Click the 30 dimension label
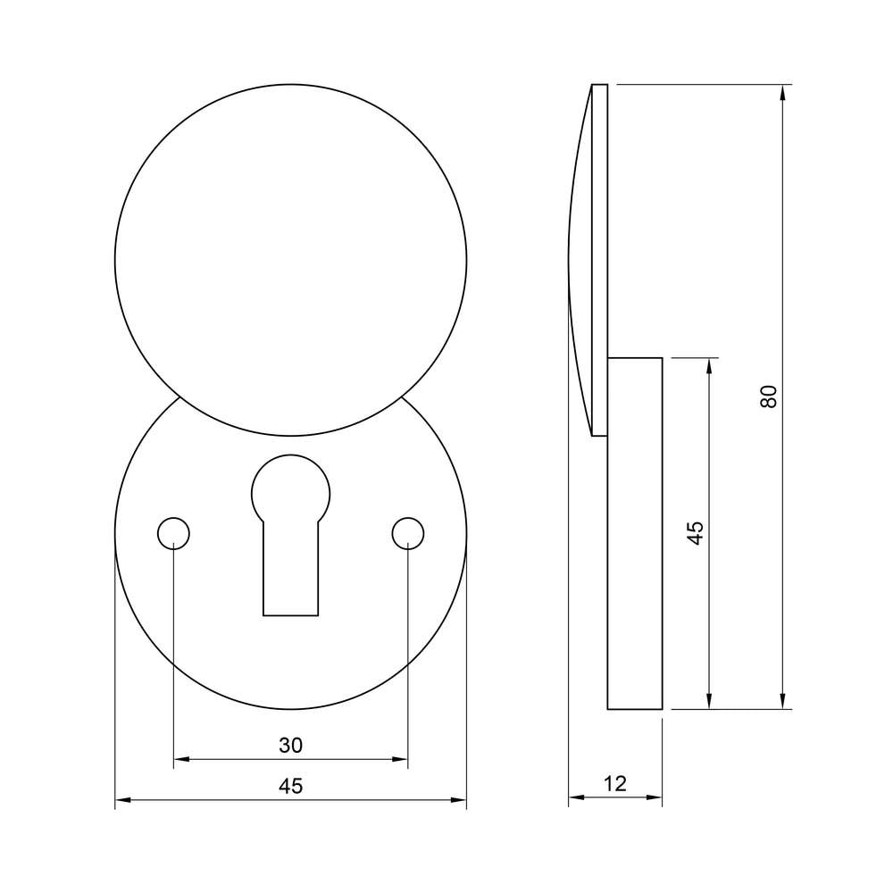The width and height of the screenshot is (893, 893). (290, 745)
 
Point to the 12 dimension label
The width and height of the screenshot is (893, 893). (615, 784)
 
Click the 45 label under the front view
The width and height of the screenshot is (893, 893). (290, 786)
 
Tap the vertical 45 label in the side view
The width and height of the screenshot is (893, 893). (695, 533)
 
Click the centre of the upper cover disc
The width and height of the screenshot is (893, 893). (290, 260)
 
